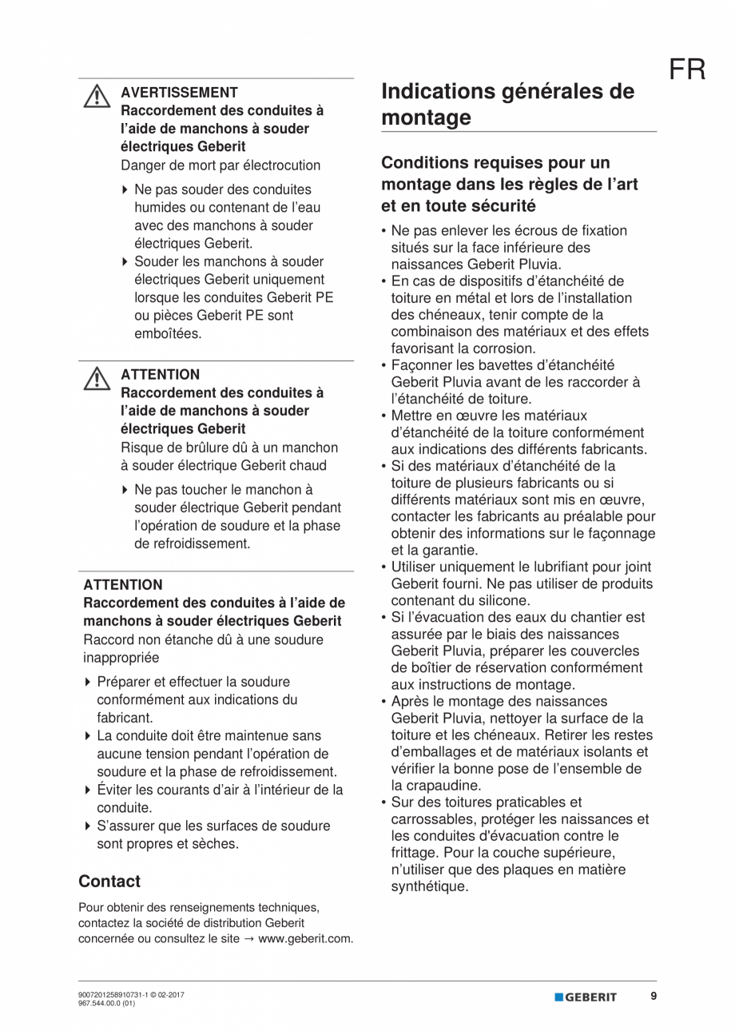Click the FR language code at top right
click(687, 70)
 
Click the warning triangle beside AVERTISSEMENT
click(96, 97)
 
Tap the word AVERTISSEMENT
click(179, 93)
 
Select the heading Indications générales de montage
click(508, 105)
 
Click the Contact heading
click(109, 882)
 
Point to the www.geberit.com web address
click(305, 939)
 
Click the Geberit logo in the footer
click(586, 997)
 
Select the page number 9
click(653, 997)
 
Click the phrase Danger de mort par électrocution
click(220, 165)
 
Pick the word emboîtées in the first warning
click(168, 333)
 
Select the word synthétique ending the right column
click(429, 886)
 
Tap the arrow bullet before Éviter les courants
click(88, 790)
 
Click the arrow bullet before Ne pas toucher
click(125, 490)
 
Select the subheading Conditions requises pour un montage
click(509, 184)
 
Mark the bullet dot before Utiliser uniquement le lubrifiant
click(384, 567)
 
